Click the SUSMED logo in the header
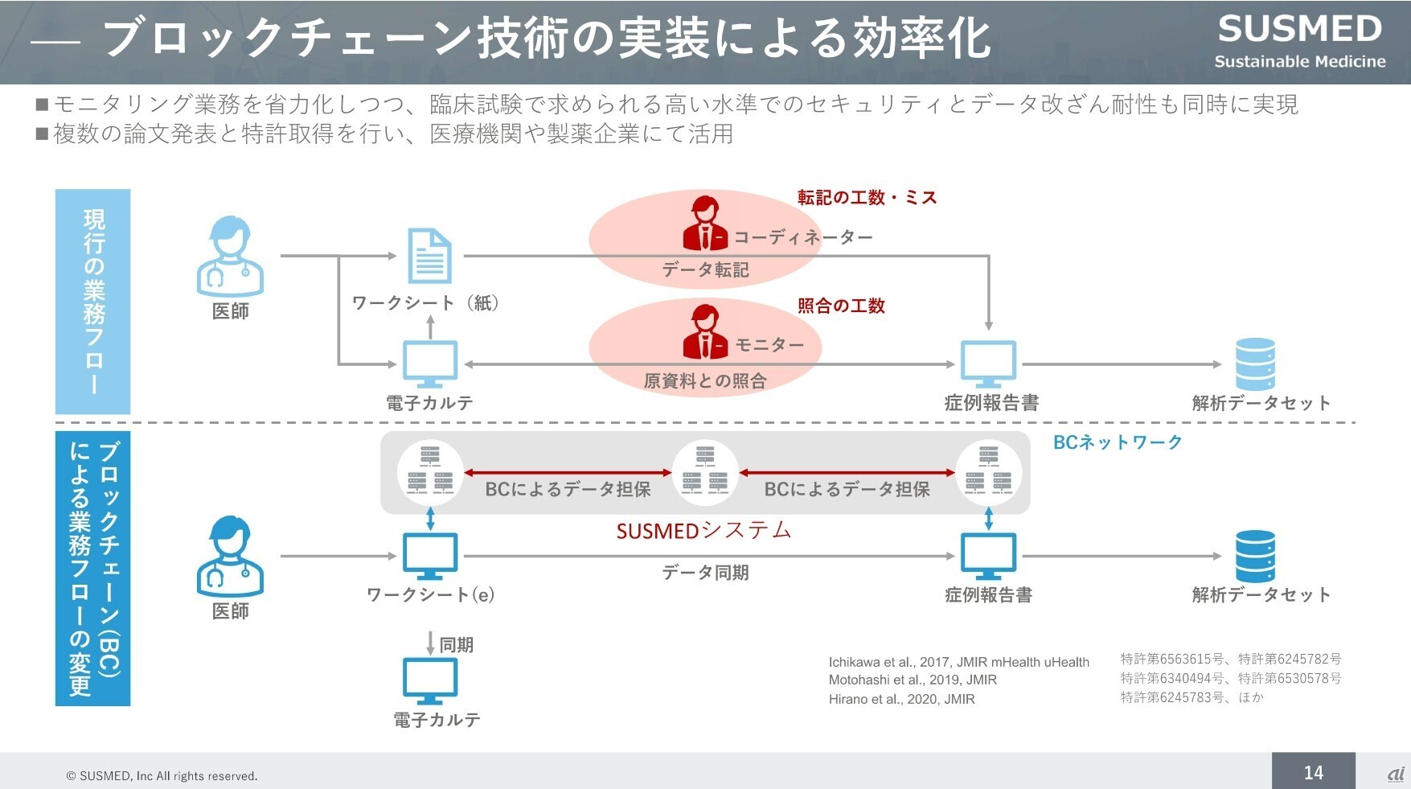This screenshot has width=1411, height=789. coord(1299,40)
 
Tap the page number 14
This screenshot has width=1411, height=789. coord(1313,772)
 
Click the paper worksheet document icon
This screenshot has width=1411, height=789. coord(429,256)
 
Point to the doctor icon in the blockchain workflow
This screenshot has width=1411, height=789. coord(231,557)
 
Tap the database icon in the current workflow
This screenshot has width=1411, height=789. coord(1255,364)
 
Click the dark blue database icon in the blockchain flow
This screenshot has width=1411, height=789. coord(1255,556)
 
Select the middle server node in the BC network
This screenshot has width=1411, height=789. coord(705,473)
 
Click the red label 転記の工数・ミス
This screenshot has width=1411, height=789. coord(867,198)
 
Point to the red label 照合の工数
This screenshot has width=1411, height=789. coord(841,306)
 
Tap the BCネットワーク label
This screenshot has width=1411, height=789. coord(1118,442)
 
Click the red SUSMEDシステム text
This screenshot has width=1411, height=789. coord(703,531)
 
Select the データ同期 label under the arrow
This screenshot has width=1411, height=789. coord(705,573)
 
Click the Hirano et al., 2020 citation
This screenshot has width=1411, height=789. coord(901,699)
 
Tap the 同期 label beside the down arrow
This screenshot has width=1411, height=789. coord(456,645)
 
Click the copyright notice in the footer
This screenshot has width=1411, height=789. coord(162,776)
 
